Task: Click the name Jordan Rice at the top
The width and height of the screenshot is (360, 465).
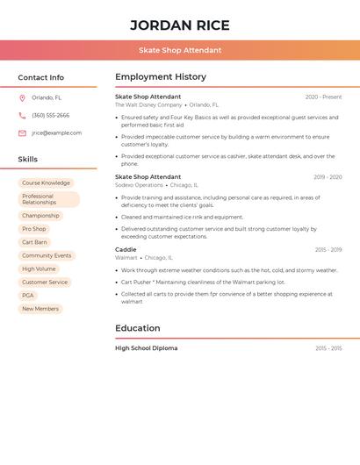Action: [180, 25]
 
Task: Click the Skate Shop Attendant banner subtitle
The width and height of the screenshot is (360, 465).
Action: [180, 50]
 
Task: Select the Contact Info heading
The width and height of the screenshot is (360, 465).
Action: [40, 77]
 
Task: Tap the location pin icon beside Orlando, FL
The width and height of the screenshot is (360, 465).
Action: [22, 97]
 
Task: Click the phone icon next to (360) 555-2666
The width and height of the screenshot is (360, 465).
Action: [22, 115]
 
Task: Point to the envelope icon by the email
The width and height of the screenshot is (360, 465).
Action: [22, 133]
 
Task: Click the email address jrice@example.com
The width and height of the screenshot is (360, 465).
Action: [56, 133]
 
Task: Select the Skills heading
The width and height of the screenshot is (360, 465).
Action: [28, 160]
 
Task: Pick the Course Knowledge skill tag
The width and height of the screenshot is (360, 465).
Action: [46, 183]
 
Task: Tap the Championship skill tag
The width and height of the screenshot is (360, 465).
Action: [40, 215]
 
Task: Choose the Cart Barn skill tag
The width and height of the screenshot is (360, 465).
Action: [34, 241]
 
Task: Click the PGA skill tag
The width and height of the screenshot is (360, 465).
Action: [27, 296]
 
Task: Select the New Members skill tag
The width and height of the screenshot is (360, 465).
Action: [40, 309]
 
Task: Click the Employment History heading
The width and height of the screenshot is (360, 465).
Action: [161, 77]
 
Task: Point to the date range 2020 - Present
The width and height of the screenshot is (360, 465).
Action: [323, 97]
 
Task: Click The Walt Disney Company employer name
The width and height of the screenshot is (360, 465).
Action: [148, 104]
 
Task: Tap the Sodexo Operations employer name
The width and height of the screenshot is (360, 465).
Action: [139, 185]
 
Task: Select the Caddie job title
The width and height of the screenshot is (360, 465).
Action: [126, 250]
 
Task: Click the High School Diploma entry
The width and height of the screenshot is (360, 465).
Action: [146, 348]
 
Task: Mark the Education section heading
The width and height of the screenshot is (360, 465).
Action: [138, 328]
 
